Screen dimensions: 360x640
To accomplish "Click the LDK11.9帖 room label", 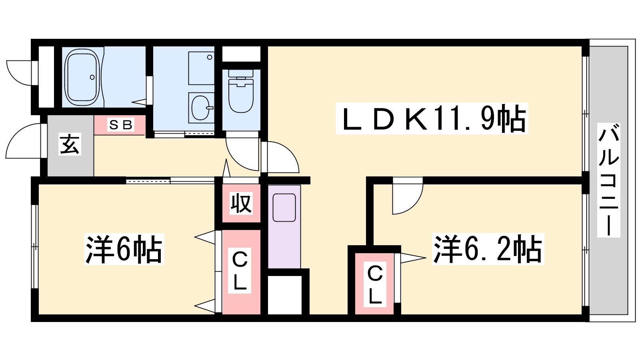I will click(x=432, y=118).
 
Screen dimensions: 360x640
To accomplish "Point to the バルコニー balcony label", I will click(x=608, y=180).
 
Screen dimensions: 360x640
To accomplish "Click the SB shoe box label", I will click(x=120, y=125).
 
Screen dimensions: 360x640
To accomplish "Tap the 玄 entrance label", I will click(x=70, y=144).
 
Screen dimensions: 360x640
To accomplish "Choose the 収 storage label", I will click(x=241, y=204).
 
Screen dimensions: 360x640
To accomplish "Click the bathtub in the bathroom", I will click(x=82, y=77).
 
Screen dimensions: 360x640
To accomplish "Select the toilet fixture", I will click(x=241, y=92).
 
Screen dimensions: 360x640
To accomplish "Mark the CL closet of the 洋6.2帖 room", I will click(x=375, y=284).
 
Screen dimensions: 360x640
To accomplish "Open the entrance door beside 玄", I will click(x=24, y=142).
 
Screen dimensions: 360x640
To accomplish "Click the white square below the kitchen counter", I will click(x=284, y=295).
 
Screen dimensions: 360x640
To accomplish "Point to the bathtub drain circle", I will click(x=92, y=77).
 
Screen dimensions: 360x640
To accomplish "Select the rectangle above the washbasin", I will click(x=201, y=68).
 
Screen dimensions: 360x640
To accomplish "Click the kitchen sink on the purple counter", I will click(x=284, y=207).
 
